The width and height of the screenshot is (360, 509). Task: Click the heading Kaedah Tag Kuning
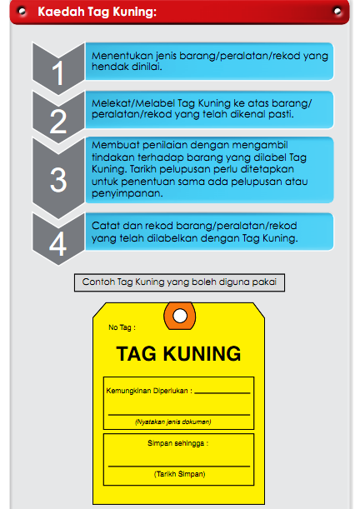[97, 12]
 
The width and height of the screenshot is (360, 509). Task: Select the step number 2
[57, 122]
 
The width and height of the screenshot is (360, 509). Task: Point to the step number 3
[57, 179]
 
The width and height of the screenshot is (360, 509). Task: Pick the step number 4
[57, 244]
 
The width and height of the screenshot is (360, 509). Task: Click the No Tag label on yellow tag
[122, 327]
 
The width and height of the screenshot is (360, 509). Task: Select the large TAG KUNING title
[178, 353]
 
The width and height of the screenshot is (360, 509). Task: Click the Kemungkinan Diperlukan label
[148, 389]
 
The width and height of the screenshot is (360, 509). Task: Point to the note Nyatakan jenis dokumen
[172, 422]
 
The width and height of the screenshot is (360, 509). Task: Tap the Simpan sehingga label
[177, 443]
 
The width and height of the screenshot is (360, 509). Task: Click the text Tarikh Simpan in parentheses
[179, 474]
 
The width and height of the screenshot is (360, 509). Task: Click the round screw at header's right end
[336, 12]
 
